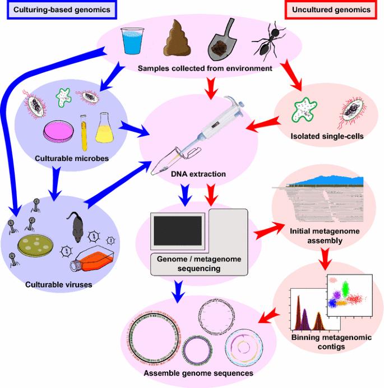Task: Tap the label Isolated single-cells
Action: [322, 136]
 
